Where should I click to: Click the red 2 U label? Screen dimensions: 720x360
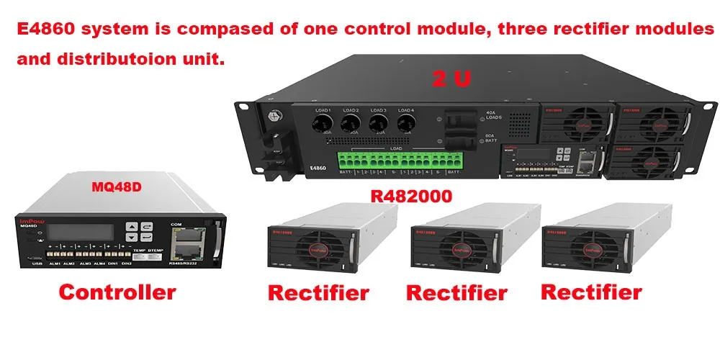point(451,78)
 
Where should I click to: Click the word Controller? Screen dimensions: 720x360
point(117,292)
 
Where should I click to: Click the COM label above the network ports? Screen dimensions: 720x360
point(176,224)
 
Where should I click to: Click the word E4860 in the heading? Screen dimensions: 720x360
point(47,30)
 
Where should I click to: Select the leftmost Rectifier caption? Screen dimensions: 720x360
point(318,293)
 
